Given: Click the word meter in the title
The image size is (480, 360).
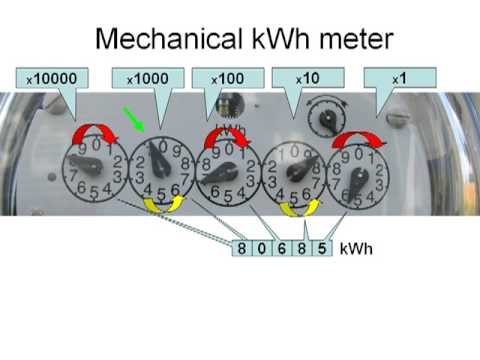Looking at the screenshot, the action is (345, 39).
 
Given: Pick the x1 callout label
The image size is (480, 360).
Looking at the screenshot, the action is (399, 77).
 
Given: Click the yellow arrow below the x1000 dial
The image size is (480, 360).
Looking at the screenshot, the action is (163, 204).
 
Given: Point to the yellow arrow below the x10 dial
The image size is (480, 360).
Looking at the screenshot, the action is (297, 207).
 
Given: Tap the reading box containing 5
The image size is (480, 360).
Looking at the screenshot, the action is (320, 249).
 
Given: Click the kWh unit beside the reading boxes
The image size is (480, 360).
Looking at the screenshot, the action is (355, 249).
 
